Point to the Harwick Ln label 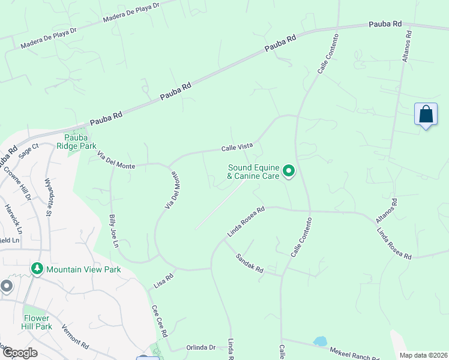pos(13,220)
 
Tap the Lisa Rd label pos(163,279)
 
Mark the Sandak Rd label pos(250,263)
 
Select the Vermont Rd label pos(76,338)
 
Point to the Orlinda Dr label pos(200,347)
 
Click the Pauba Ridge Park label pos(77,141)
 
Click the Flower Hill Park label pos(37,322)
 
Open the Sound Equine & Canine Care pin pos(289,172)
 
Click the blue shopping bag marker pos(426,114)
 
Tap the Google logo pos(19,353)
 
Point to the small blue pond pos(320,341)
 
